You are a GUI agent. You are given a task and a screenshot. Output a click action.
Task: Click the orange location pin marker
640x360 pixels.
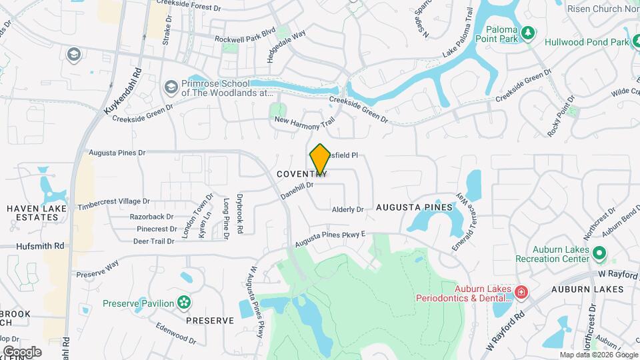320,160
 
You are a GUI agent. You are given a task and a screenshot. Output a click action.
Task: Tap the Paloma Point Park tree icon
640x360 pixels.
528,33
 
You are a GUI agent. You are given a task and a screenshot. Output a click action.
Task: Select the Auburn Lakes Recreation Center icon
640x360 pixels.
599,254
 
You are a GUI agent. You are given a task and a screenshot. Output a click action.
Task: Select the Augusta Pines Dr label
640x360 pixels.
117,153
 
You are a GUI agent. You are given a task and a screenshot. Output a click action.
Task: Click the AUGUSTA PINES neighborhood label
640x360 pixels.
414,208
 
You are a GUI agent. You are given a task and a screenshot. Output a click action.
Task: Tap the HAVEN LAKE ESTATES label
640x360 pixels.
33,213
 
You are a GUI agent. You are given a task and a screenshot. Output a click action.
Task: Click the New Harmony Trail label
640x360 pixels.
304,123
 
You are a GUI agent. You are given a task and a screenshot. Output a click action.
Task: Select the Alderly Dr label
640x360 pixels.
347,209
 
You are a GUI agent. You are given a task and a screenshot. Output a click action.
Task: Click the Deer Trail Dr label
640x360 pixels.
153,241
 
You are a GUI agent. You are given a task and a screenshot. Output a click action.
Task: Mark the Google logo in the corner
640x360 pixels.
22,351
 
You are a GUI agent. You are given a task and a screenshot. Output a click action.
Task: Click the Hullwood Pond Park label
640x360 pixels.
587,42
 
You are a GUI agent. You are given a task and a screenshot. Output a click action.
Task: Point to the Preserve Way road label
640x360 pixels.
97,269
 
